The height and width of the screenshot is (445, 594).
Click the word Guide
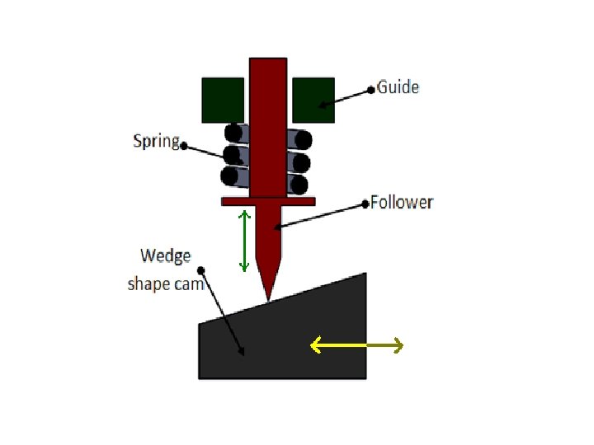click(398, 87)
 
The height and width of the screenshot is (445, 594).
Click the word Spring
click(156, 140)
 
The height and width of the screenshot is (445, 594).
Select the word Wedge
click(166, 255)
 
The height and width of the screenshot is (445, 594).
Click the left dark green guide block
click(223, 100)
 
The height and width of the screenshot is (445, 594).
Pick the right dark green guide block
click(313, 100)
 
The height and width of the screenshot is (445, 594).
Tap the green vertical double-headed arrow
click(243, 241)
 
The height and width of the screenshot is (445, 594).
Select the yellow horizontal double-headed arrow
click(356, 346)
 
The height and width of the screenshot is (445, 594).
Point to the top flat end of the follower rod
click(267, 59)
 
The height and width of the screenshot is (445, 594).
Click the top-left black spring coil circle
click(234, 133)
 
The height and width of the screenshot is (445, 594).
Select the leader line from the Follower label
click(322, 214)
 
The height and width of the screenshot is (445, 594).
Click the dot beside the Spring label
click(183, 146)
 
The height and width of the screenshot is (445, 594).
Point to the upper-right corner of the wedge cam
click(364, 274)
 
